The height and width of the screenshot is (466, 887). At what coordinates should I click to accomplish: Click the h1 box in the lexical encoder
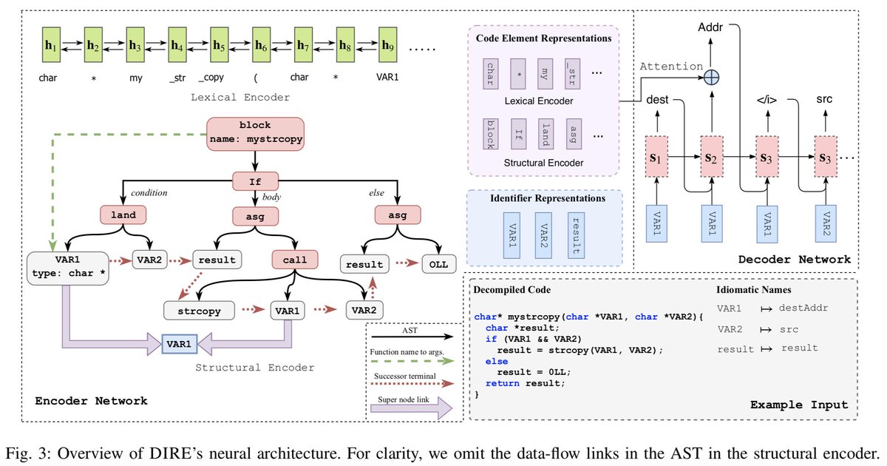tap(50, 45)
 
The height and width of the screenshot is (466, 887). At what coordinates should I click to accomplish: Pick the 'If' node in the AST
tap(254, 180)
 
